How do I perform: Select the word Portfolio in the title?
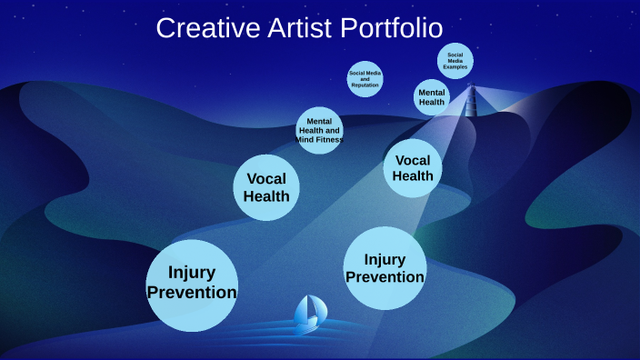point(392,27)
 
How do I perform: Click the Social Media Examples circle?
point(455,61)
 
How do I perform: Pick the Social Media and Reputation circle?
point(365,78)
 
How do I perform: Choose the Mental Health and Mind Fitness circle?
point(319,130)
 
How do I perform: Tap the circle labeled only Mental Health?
point(432,96)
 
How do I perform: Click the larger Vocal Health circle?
point(266,187)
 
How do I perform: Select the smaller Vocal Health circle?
point(413,168)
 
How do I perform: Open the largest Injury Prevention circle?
point(192,284)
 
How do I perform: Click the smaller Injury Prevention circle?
point(385,268)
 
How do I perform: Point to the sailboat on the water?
point(310,314)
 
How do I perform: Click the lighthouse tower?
point(470,101)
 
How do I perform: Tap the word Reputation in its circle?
point(365,85)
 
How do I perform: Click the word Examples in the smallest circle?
point(455,67)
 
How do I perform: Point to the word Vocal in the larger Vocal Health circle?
point(266,178)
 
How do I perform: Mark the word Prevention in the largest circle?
point(192,293)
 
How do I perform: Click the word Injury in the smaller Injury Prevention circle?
point(385,259)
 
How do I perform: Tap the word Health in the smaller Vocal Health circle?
point(413,176)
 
